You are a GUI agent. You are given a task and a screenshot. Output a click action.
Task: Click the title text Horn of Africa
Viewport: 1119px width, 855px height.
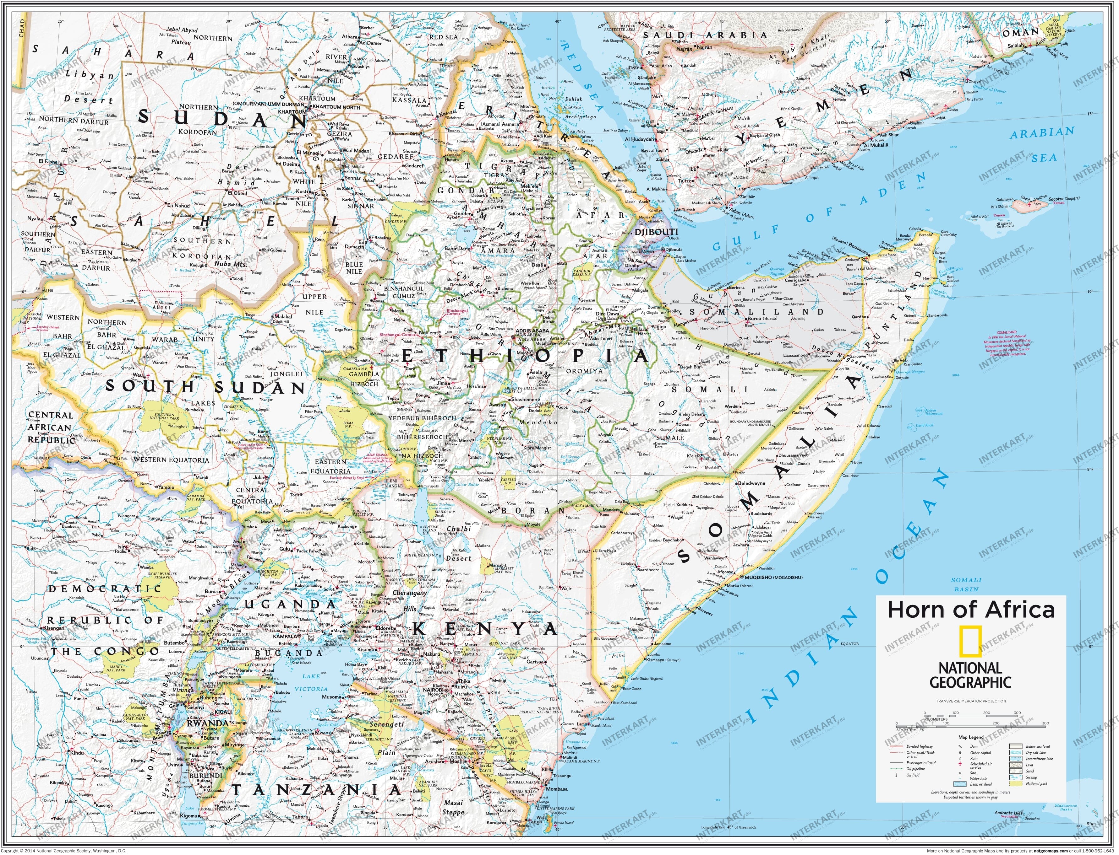click(970, 610)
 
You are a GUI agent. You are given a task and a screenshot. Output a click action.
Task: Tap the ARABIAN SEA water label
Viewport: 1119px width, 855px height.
click(1042, 144)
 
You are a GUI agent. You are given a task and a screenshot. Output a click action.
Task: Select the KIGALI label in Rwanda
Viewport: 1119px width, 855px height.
click(223, 712)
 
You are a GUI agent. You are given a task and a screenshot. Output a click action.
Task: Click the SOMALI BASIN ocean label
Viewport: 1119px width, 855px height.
click(966, 584)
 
